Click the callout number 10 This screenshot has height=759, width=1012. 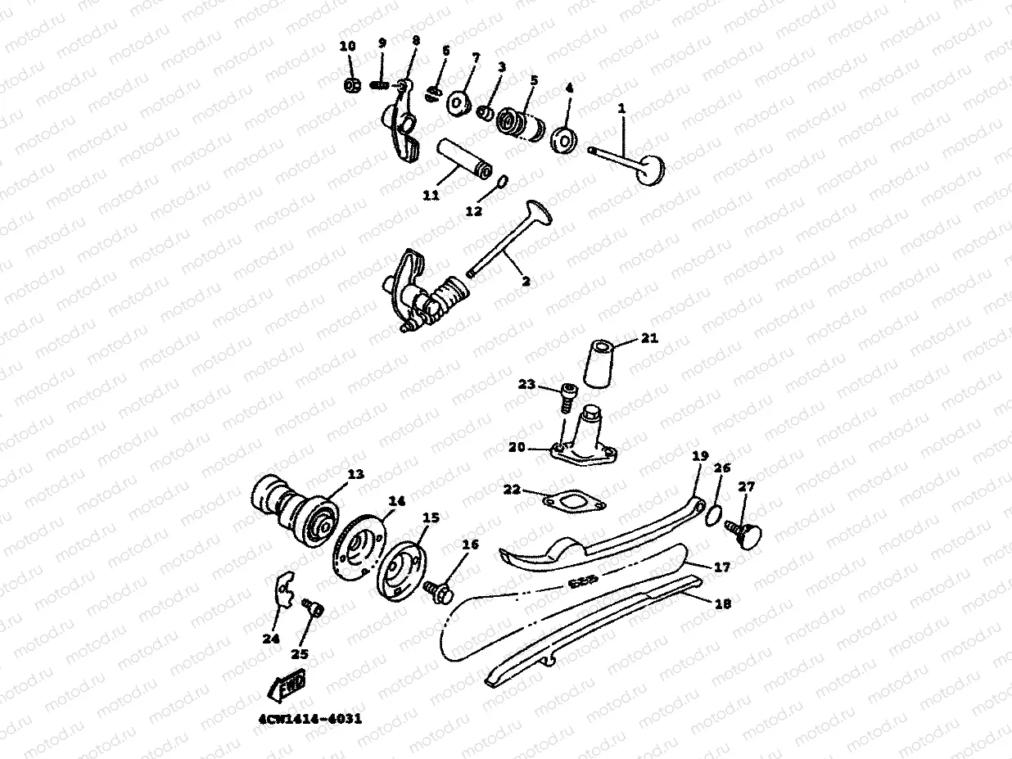click(x=348, y=46)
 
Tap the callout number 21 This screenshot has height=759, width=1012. click(x=649, y=338)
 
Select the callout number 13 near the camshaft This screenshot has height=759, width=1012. click(x=355, y=474)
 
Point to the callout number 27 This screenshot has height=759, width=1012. click(x=746, y=486)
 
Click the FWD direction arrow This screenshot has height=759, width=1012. click(x=287, y=684)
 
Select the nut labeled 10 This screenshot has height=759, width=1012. click(x=352, y=85)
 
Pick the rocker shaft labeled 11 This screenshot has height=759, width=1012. click(x=465, y=159)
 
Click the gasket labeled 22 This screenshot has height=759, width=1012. click(x=574, y=501)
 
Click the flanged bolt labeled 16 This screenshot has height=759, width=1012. click(x=439, y=591)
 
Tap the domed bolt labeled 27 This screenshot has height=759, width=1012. click(x=743, y=535)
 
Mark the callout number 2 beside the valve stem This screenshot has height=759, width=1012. click(x=526, y=281)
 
